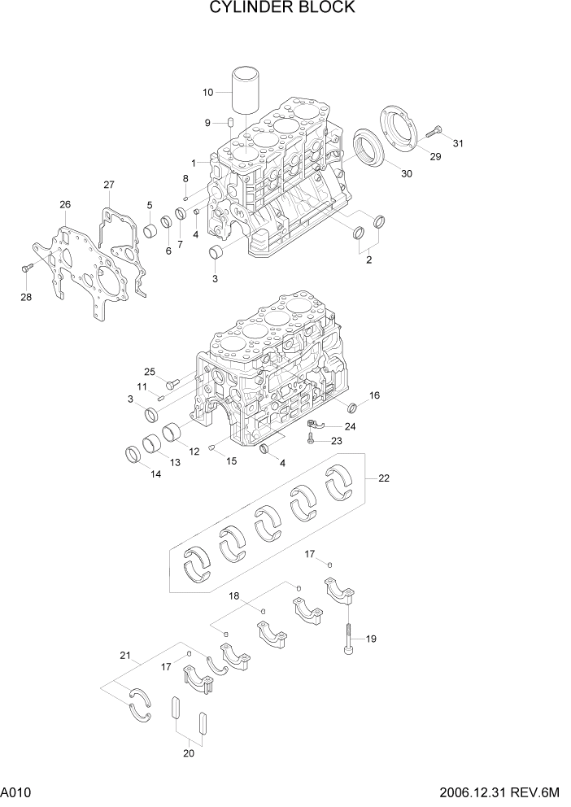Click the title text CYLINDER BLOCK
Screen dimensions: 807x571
282,8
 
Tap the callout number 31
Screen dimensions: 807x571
458,144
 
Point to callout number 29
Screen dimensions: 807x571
435,156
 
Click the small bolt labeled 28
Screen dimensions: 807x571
26,266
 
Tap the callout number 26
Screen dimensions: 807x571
65,203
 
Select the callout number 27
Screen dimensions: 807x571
108,185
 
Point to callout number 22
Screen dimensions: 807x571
383,478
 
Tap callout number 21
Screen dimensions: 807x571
124,656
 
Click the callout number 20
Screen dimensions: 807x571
189,752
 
